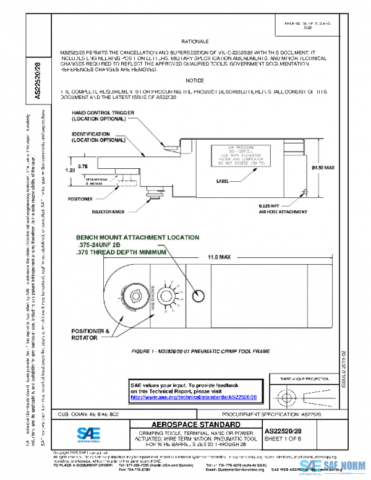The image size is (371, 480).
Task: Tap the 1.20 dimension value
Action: click(x=70, y=168)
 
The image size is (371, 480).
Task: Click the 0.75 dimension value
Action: click(x=83, y=166)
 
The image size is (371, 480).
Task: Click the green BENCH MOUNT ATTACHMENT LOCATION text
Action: click(x=137, y=237)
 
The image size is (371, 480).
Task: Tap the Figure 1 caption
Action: click(x=200, y=351)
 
